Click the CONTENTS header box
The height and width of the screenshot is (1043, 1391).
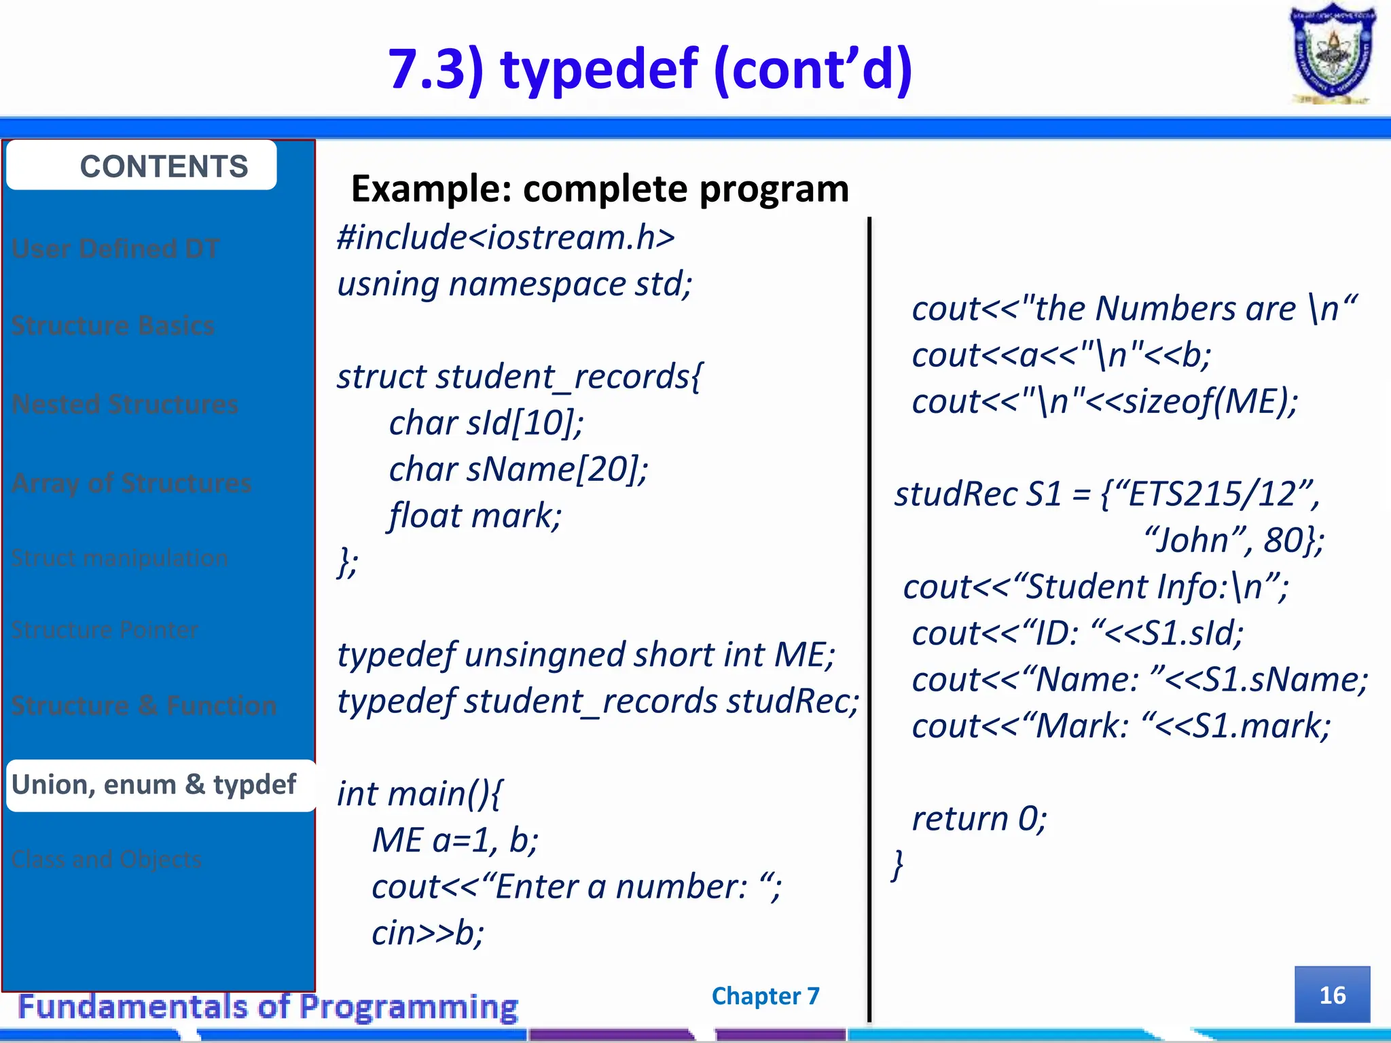point(141,166)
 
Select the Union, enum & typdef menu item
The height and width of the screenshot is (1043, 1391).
point(155,785)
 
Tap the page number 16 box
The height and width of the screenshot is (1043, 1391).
point(1332,995)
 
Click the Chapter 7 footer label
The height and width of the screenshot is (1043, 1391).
point(765,995)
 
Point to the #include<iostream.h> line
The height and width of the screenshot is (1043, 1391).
point(506,238)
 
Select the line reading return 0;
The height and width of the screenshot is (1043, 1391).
point(979,818)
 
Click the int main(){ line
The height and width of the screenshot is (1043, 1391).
point(420,793)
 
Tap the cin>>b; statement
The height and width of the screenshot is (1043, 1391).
point(428,932)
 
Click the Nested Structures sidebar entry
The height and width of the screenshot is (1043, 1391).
point(126,404)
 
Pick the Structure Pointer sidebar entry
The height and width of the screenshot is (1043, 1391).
point(105,630)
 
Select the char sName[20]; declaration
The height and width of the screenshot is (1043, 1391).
point(518,469)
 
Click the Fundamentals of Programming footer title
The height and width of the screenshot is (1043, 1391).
point(268,1006)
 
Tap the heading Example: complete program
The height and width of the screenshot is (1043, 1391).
point(600,188)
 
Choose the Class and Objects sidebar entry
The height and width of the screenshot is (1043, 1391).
point(107,860)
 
